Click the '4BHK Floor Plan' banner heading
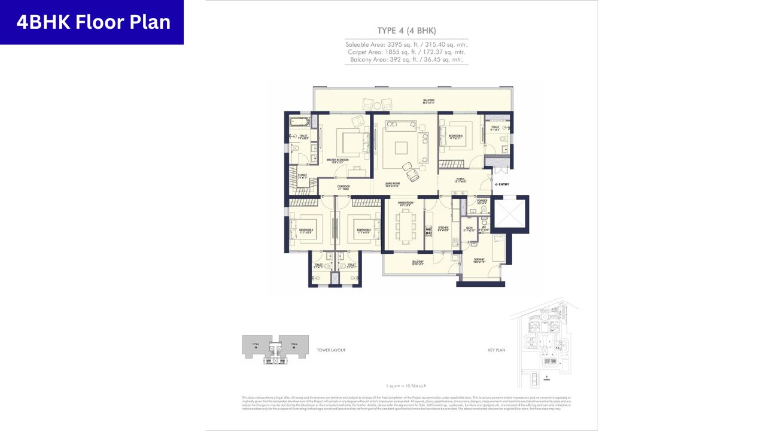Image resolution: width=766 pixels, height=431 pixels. tap(93, 22)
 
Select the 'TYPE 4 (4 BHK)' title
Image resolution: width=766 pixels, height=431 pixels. tap(406, 31)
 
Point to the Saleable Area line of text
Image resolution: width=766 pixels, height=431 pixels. tap(406, 44)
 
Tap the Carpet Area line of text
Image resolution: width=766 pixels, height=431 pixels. tap(406, 52)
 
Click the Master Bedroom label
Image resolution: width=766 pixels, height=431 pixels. tap(338, 160)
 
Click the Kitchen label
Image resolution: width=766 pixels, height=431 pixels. tap(443, 229)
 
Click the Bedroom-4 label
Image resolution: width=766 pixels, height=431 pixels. tap(456, 136)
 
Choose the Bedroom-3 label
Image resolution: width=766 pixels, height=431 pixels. tap(306, 230)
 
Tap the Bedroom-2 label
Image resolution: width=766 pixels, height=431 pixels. tap(364, 230)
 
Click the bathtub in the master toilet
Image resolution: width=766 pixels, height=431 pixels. tap(298, 122)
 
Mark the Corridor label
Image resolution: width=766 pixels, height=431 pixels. tap(344, 187)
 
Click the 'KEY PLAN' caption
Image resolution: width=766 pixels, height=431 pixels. tap(497, 350)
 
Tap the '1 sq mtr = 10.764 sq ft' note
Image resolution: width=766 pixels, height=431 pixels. tap(406, 387)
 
